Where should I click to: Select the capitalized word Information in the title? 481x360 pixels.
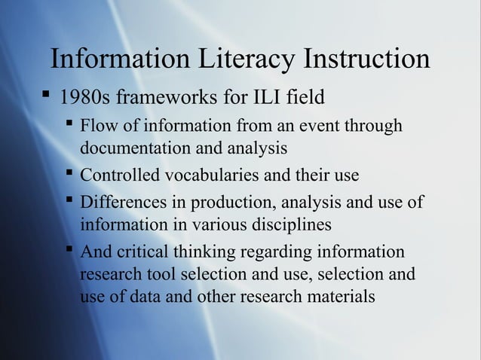(117, 60)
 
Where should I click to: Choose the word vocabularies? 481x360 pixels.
(210, 176)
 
